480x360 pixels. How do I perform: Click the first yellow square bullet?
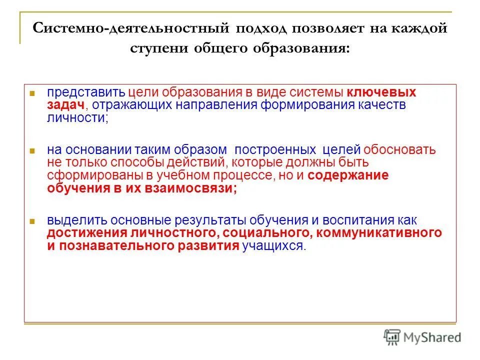(x=31, y=93)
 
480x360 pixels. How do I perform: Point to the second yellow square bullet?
(x=31, y=150)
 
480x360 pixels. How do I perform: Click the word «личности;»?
(x=78, y=117)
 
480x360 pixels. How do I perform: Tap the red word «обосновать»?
(x=399, y=149)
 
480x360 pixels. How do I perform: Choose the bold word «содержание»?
(x=348, y=175)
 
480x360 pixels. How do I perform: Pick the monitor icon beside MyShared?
(x=392, y=337)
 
